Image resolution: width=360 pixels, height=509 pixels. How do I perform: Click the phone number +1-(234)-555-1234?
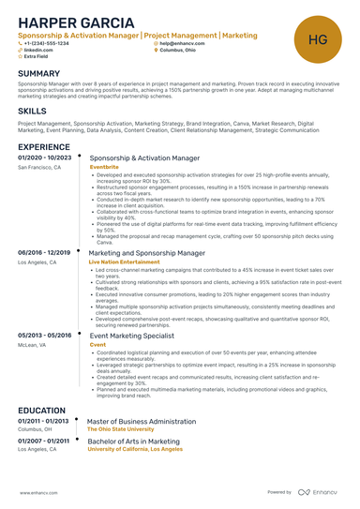[x=47, y=43]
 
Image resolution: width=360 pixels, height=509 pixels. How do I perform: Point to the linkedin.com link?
[x=38, y=50]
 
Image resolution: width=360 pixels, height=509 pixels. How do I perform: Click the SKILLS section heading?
[x=32, y=111]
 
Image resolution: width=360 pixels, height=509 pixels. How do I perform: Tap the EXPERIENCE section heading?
[x=44, y=147]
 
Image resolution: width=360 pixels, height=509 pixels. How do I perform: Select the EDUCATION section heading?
[x=41, y=410]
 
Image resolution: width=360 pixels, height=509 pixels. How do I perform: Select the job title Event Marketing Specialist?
[x=132, y=336]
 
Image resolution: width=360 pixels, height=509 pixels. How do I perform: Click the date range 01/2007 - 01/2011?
[x=44, y=439]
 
